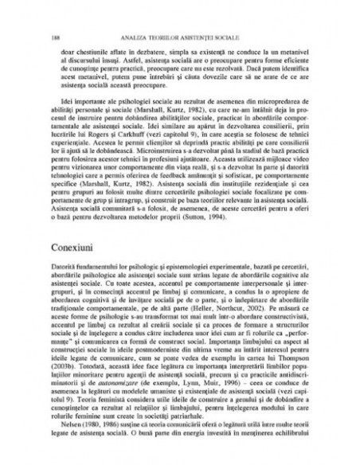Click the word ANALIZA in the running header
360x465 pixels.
[131, 37]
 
